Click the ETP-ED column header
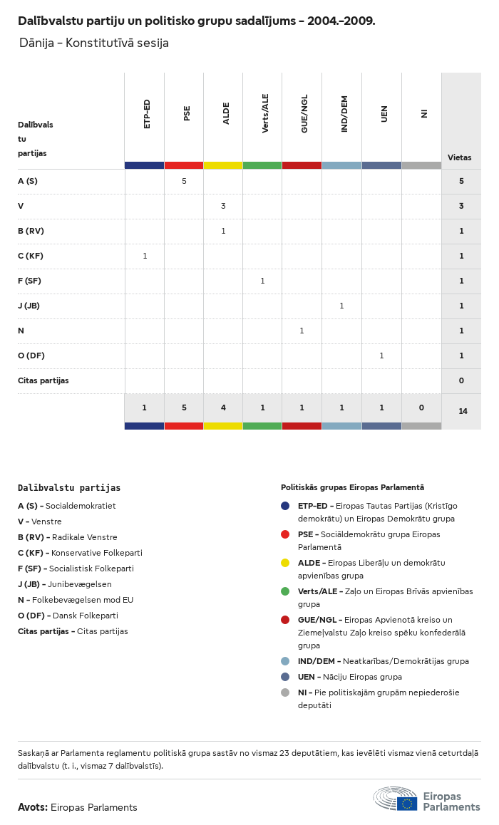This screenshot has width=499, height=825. pyautogui.click(x=147, y=114)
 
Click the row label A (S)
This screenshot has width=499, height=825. pyautogui.click(x=28, y=181)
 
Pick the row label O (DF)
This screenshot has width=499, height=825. pyautogui.click(x=31, y=356)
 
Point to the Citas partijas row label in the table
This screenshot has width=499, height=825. pyautogui.click(x=43, y=380)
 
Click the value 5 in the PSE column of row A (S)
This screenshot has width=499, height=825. pyautogui.click(x=184, y=181)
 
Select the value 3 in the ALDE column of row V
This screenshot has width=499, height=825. pyautogui.click(x=223, y=206)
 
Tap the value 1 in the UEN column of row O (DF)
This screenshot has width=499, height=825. pyautogui.click(x=381, y=356)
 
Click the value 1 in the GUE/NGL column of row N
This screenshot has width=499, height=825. pyautogui.click(x=302, y=331)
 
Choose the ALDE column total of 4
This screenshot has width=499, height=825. pyautogui.click(x=223, y=408)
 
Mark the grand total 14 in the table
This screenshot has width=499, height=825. pyautogui.click(x=463, y=411)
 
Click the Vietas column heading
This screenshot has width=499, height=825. pyautogui.click(x=459, y=157)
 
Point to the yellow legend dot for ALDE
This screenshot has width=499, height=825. pyautogui.click(x=285, y=563)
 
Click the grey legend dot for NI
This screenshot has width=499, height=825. pyautogui.click(x=285, y=692)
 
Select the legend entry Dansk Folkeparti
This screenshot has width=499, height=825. pyautogui.click(x=85, y=616)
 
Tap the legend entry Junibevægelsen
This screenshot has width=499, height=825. pyautogui.click(x=79, y=584)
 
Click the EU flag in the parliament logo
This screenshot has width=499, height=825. pyautogui.click(x=407, y=804)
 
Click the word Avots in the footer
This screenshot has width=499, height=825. pyautogui.click(x=33, y=807)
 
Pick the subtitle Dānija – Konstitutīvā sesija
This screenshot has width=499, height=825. pyautogui.click(x=94, y=43)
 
